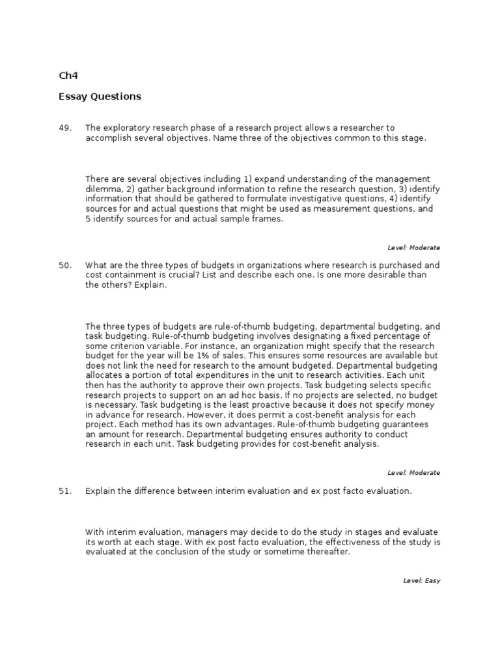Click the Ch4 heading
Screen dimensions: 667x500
pos(68,76)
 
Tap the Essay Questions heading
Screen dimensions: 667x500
pos(100,96)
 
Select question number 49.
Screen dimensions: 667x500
pos(65,128)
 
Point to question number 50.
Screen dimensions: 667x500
pos(65,265)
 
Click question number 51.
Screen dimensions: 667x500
pos(65,491)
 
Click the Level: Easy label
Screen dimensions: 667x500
pos(422,580)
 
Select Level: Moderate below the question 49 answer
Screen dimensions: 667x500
pos(413,248)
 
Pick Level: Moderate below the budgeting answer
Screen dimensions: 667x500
pos(413,473)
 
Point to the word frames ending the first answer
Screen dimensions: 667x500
pos(269,220)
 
